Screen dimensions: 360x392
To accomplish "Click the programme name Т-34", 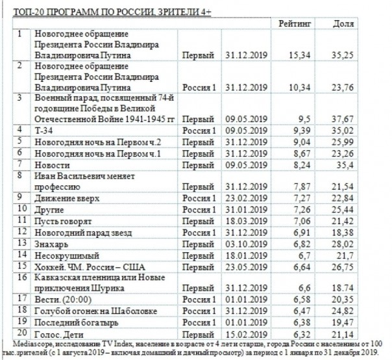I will point(43,131).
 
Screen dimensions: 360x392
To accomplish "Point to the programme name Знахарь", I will point(51,242).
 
